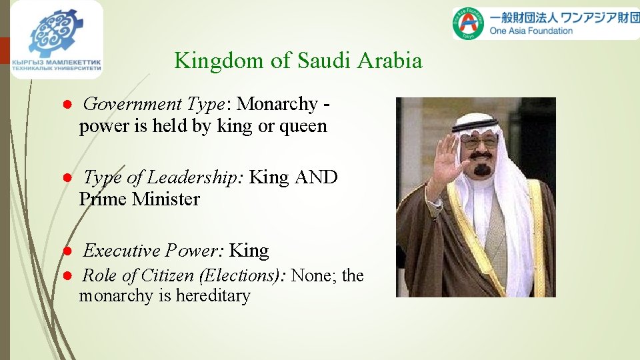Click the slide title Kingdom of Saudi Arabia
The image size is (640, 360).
[298, 61]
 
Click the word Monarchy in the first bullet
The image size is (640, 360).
[277, 104]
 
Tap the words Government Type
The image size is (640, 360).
[153, 104]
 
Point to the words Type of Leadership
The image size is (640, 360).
[164, 177]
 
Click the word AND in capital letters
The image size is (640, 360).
[316, 177]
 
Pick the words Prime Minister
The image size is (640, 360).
[139, 199]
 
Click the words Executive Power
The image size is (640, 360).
[153, 251]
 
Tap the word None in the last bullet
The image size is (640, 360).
[314, 275]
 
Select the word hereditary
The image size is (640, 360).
[213, 296]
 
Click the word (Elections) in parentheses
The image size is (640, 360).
[246, 275]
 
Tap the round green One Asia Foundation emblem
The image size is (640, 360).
[467, 24]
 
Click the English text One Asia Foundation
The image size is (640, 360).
[531, 31]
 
